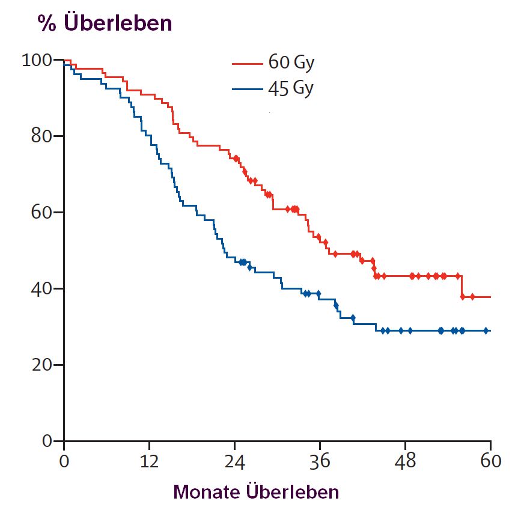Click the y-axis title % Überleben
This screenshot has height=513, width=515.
(105, 23)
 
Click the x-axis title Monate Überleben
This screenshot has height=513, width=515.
(256, 492)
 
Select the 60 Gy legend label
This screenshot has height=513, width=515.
(291, 63)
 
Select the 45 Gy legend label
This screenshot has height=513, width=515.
(291, 89)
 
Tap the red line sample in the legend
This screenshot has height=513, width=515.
(248, 64)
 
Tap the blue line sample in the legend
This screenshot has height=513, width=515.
(248, 90)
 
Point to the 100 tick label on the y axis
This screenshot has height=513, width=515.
(38, 60)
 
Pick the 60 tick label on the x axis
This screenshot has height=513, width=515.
(490, 463)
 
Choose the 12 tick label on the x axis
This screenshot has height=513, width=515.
(149, 463)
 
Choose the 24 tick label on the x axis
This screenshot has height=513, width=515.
(234, 463)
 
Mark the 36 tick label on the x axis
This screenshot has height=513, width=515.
(320, 463)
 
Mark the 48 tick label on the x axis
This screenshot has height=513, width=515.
(405, 463)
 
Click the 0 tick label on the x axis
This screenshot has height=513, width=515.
(64, 463)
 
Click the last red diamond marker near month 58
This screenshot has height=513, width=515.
(473, 297)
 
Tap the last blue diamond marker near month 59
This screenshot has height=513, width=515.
(486, 330)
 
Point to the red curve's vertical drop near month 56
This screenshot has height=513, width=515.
(462, 287)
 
